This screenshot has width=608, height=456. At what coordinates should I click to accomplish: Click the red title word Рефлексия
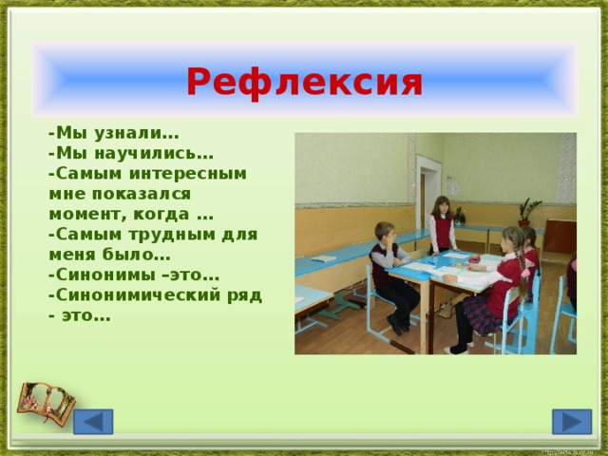pyautogui.click(x=304, y=84)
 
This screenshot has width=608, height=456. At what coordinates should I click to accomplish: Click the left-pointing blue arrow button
pyautogui.click(x=93, y=421)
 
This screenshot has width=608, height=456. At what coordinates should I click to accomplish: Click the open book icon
pyautogui.click(x=46, y=403)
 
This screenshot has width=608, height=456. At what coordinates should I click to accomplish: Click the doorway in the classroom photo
pyautogui.click(x=427, y=195)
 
